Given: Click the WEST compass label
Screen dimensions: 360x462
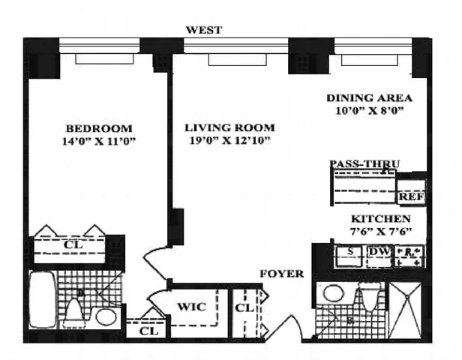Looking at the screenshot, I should [204, 30].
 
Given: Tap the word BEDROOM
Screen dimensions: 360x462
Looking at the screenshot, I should [98, 127].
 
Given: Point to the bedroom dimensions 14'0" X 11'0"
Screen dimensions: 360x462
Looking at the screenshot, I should [98, 140].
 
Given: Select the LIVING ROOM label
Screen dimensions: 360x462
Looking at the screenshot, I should [229, 127].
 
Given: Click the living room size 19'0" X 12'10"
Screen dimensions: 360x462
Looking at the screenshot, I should [229, 140].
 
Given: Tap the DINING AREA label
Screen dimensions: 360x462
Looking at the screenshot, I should [370, 98].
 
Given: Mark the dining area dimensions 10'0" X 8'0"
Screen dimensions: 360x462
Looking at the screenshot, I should [370, 111].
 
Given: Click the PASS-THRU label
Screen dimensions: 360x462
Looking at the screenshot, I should [364, 163].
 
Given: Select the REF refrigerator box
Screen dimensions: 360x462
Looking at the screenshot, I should [410, 196].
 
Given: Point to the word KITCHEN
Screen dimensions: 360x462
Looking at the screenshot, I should [381, 219].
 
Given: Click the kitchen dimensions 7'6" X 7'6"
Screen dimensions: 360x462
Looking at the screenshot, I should [381, 232].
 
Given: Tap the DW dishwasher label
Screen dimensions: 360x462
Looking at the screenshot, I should [379, 251].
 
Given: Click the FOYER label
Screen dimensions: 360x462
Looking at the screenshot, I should [282, 274].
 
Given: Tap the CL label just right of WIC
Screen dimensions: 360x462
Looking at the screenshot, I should [243, 307].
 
